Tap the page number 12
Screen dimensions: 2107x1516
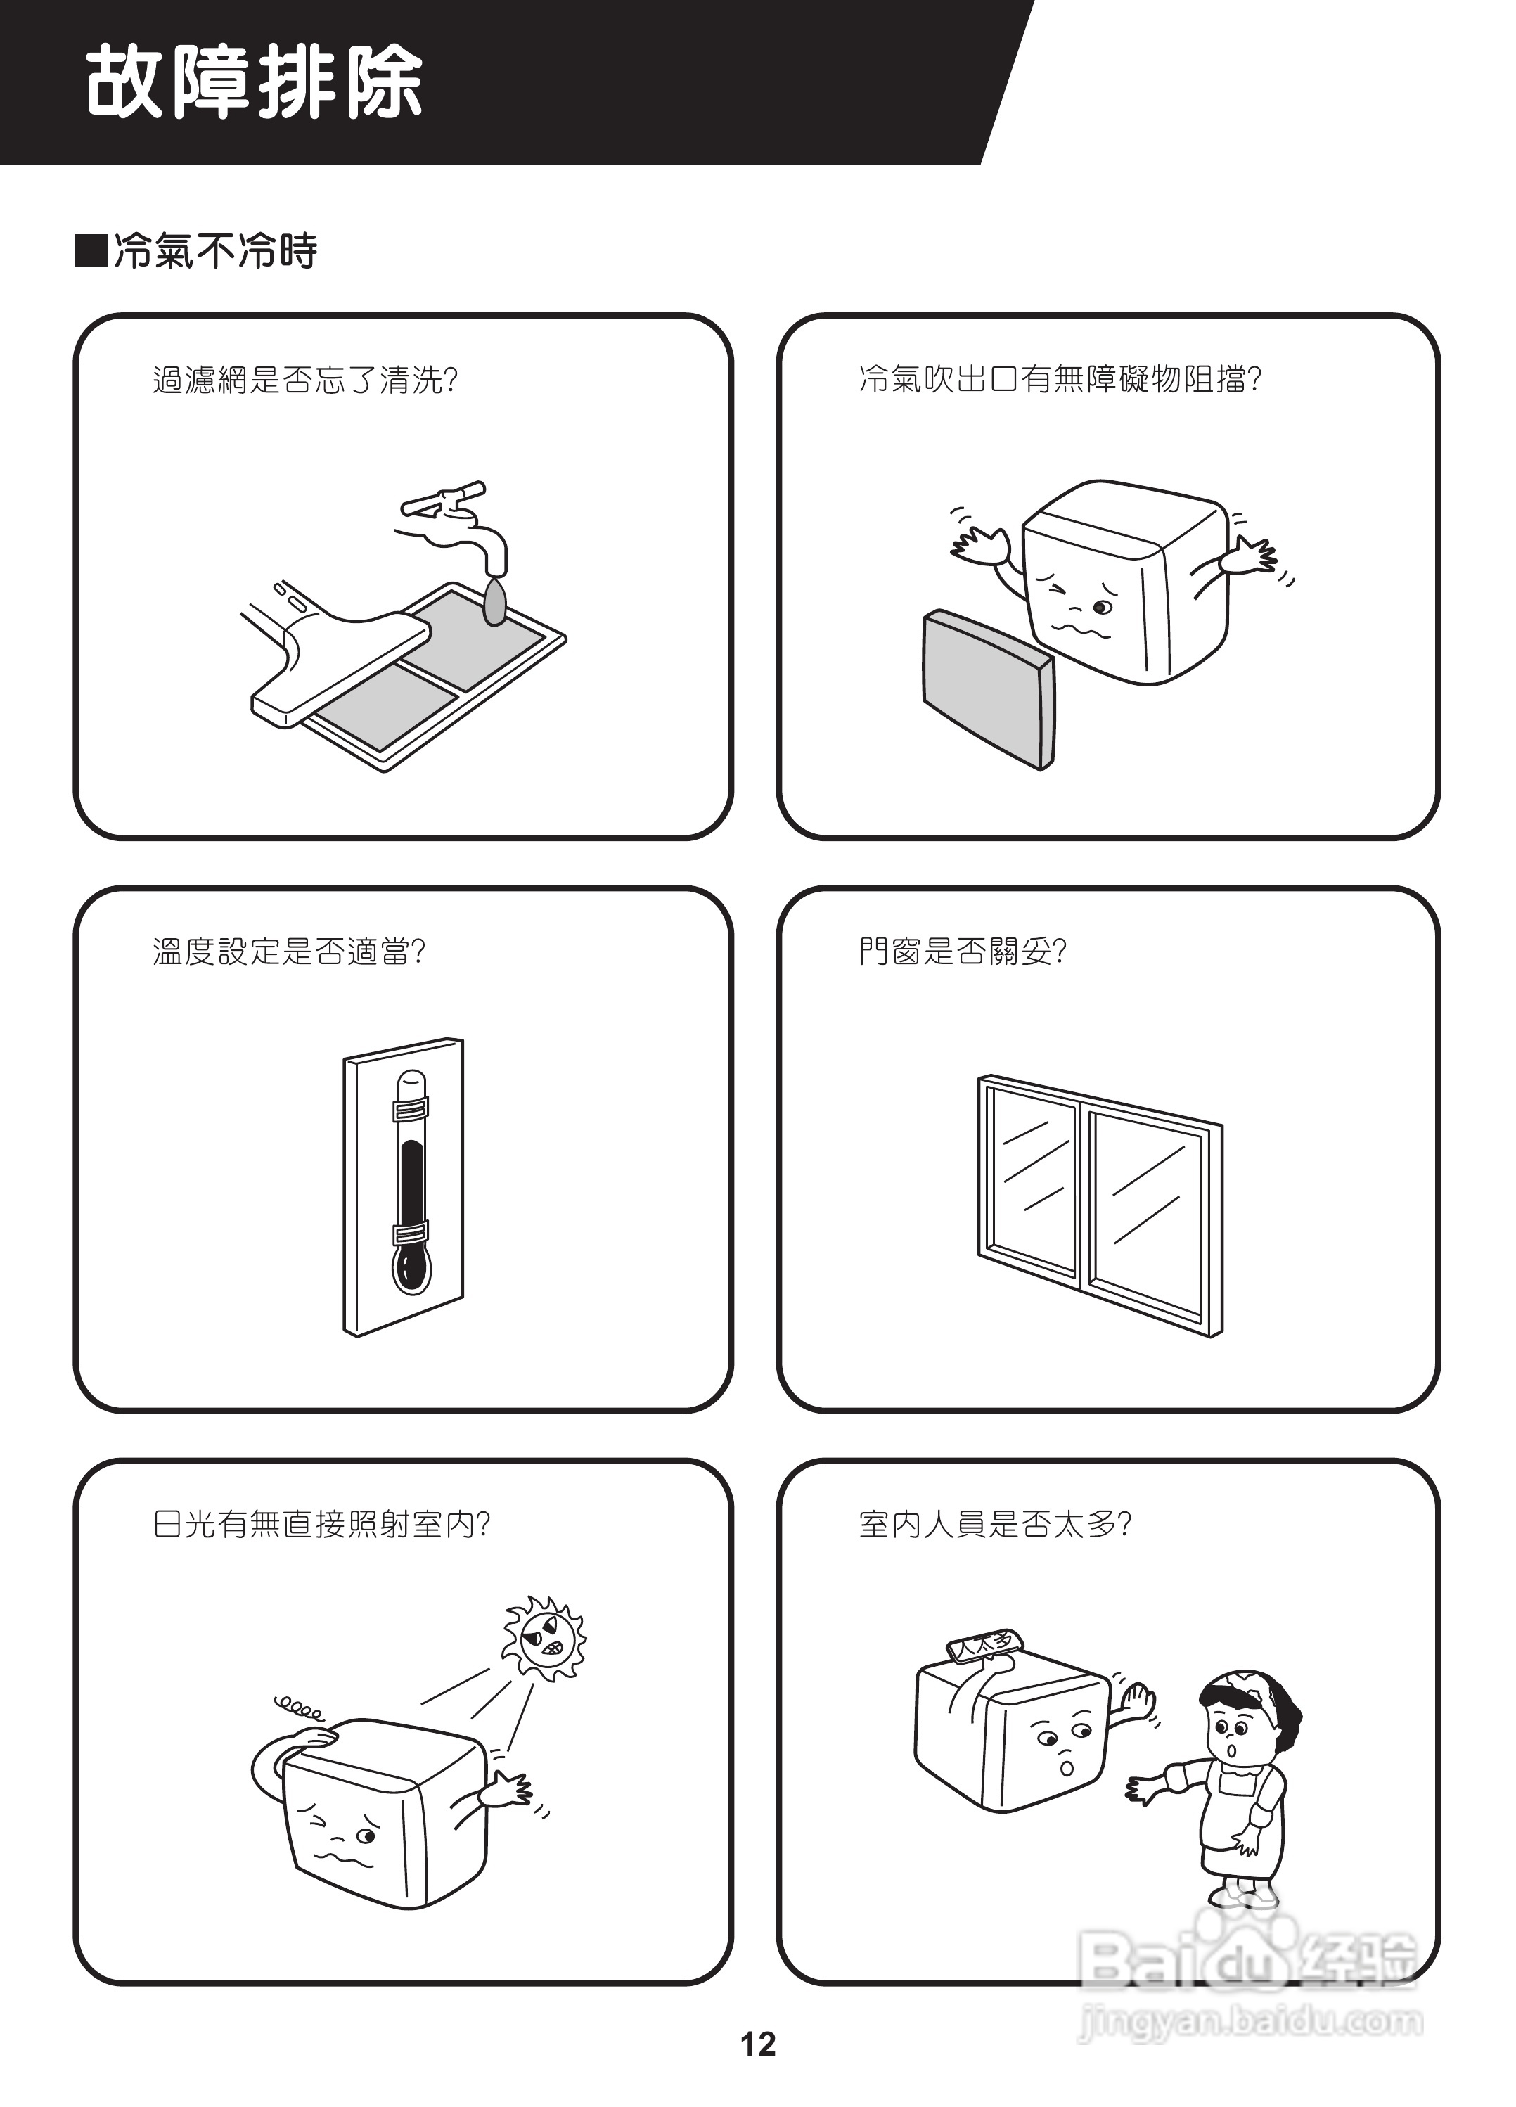[757, 2043]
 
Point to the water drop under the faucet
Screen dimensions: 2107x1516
[494, 601]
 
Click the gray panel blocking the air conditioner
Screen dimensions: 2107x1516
[987, 689]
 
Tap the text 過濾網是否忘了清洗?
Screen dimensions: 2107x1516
[304, 380]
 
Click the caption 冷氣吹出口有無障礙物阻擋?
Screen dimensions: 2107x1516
[1059, 380]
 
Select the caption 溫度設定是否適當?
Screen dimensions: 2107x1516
[289, 952]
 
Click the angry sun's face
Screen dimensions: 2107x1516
[543, 1638]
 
